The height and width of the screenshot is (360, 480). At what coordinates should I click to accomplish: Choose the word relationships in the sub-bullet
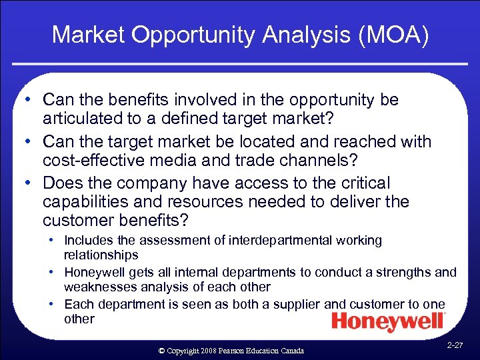(101, 255)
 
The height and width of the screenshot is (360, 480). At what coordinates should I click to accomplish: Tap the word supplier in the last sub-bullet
(299, 304)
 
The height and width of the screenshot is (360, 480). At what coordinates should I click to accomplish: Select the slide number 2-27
(455, 345)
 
